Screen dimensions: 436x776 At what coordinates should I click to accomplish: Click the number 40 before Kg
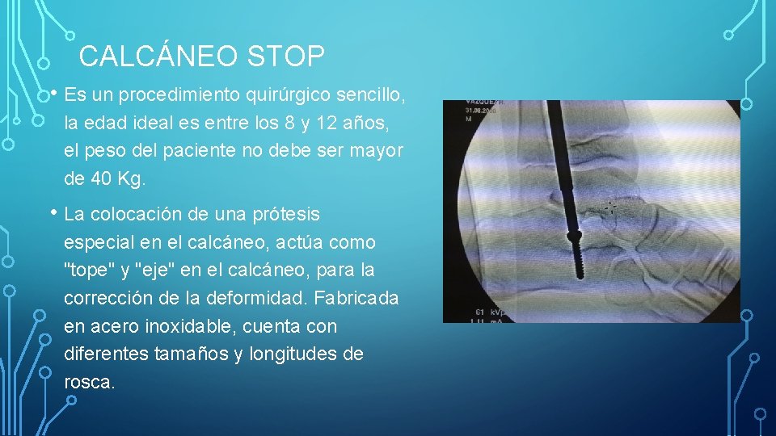click(x=99, y=179)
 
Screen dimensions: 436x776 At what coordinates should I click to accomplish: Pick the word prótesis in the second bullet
click(x=285, y=215)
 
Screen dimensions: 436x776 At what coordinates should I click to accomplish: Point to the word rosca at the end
click(x=89, y=381)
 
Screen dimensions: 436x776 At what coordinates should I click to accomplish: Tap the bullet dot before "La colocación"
click(x=53, y=213)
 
